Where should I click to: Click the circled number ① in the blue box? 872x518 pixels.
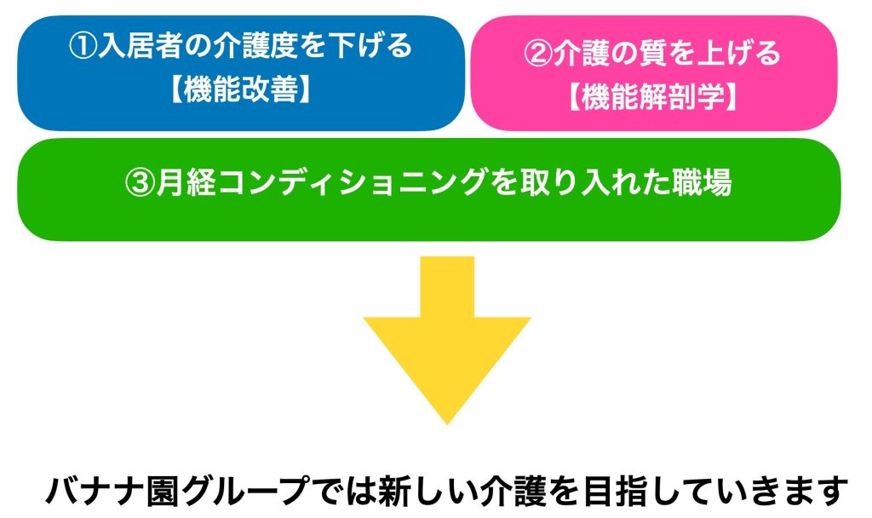pyautogui.click(x=83, y=46)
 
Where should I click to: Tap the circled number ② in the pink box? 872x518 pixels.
pyautogui.click(x=537, y=54)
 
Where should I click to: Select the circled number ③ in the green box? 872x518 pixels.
pyautogui.click(x=140, y=182)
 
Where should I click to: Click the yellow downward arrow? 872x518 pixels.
pyautogui.click(x=447, y=340)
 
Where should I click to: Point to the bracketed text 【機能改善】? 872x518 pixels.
pyautogui.click(x=241, y=89)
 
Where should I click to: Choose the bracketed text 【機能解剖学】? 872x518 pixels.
pyautogui.click(x=653, y=96)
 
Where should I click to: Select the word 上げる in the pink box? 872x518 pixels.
pyautogui.click(x=739, y=54)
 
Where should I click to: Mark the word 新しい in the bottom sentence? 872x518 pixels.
pyautogui.click(x=427, y=490)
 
